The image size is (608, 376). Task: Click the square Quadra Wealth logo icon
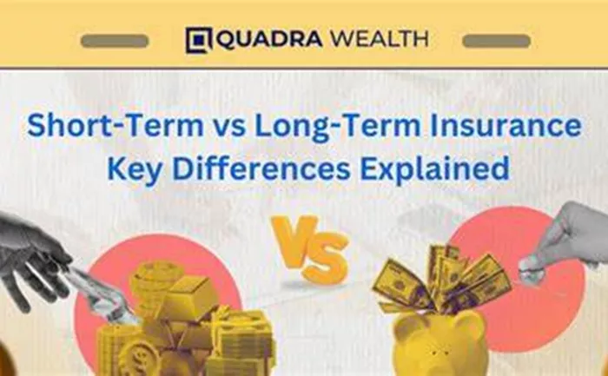tap(199, 40)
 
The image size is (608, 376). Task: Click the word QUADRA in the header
tap(268, 39)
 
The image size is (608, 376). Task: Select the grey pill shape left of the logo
tap(115, 41)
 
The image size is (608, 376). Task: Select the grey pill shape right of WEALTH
tap(496, 41)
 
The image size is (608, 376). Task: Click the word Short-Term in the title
tap(116, 126)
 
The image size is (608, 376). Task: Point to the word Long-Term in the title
tap(337, 127)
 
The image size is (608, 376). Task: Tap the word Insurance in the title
tap(506, 126)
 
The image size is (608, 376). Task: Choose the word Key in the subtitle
tap(134, 169)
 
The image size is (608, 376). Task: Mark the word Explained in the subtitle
tap(434, 169)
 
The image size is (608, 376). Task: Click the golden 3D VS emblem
tap(309, 248)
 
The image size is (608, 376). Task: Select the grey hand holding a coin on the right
tap(566, 241)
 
